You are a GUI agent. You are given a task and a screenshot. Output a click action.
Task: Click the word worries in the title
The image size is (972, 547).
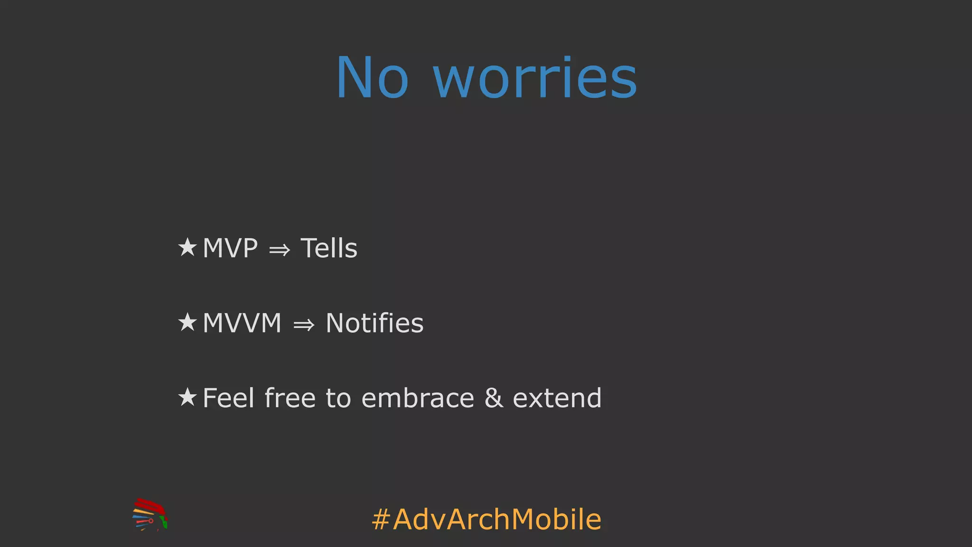tap(535, 78)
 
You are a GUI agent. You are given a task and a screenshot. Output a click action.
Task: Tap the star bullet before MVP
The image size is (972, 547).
tap(187, 247)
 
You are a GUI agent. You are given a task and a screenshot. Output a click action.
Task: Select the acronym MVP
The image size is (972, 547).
tap(230, 248)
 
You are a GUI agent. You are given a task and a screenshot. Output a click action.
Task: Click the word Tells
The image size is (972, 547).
tap(329, 248)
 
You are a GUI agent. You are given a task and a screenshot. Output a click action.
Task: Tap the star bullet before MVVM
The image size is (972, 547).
tap(187, 322)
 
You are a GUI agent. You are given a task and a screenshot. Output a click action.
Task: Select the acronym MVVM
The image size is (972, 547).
tap(242, 323)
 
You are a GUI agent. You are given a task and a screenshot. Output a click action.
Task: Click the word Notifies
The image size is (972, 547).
tap(374, 323)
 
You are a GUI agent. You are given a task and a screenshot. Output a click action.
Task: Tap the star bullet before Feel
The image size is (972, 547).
tap(187, 397)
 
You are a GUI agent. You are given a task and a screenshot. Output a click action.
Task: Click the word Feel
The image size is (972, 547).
tap(228, 398)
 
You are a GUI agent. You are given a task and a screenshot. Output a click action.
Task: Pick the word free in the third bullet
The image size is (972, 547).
tap(290, 398)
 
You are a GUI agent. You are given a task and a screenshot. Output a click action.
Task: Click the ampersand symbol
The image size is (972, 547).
tap(494, 398)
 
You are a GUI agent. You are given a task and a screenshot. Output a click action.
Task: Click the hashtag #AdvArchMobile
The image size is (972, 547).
tap(487, 519)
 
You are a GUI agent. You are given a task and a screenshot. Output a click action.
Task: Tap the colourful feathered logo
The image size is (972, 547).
tap(150, 514)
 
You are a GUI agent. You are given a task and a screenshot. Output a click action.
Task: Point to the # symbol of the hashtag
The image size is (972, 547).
tap(381, 519)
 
